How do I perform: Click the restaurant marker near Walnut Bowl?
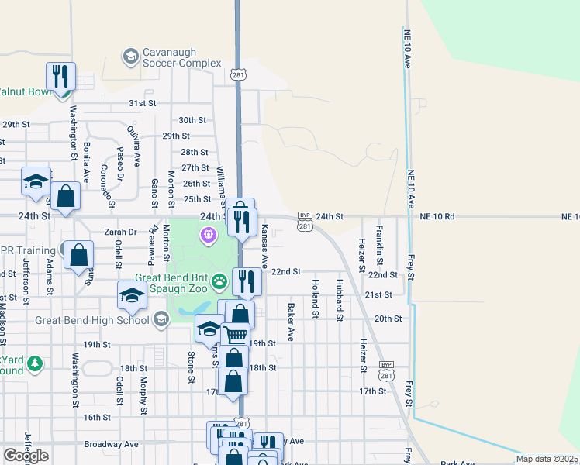point(60,76)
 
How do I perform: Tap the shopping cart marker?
point(235,335)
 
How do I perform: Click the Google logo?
point(26,456)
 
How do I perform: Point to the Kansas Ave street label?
point(264,242)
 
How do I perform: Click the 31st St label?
point(143,103)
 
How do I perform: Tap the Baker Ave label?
point(291,322)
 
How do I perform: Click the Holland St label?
point(315,298)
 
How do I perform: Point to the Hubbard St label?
point(339,299)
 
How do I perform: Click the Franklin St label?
point(379,243)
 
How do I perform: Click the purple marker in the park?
point(208,234)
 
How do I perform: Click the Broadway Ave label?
point(111,444)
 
